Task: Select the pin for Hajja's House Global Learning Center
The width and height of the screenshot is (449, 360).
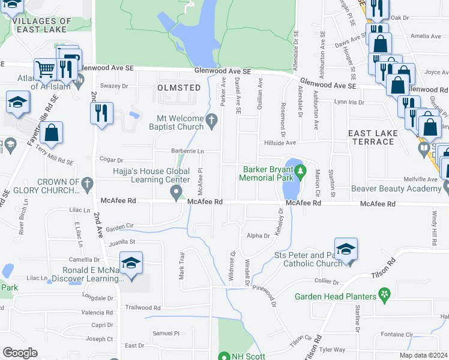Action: click(x=176, y=193)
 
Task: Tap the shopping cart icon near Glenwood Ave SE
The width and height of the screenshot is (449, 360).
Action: click(x=45, y=69)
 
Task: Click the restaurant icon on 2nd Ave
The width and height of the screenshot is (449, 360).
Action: click(x=101, y=112)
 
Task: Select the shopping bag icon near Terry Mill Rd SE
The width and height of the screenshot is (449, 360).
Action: click(x=52, y=133)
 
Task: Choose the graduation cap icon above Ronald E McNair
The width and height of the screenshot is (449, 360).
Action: click(x=131, y=263)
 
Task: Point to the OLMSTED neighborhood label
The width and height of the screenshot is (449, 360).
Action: click(x=179, y=88)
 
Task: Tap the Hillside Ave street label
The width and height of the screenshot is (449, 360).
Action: click(x=282, y=143)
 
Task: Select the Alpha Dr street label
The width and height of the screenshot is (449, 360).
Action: click(x=259, y=236)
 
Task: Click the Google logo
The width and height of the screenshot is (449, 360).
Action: click(x=20, y=353)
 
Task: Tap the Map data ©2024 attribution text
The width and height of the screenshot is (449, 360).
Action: click(x=423, y=355)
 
